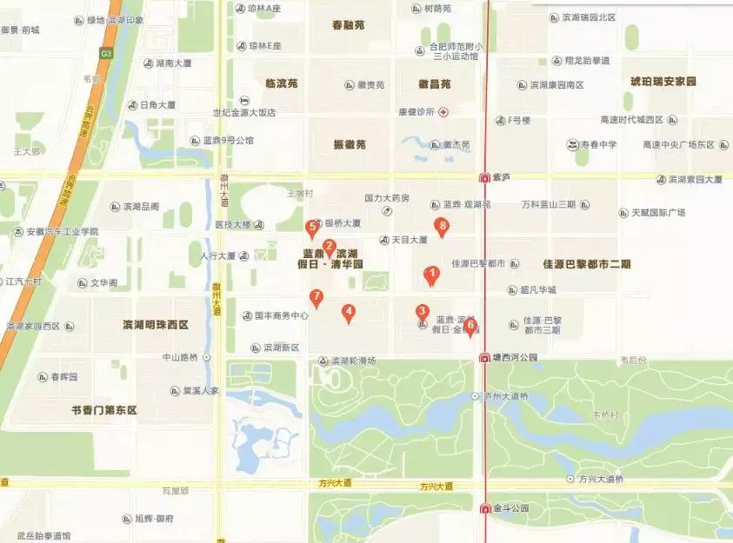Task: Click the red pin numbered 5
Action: (312, 228)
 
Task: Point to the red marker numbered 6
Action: (470, 326)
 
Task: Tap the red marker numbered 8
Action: (443, 228)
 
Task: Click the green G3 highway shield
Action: (106, 53)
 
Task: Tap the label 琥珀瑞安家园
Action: (664, 81)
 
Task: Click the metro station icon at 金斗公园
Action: (485, 508)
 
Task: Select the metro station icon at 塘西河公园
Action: (485, 357)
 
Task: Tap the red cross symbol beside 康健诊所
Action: (443, 112)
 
